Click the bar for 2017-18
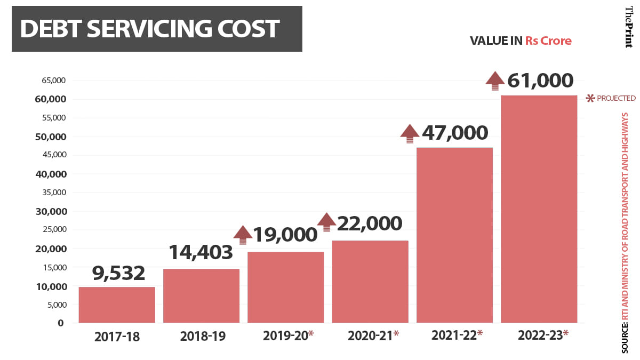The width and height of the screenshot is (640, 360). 117,305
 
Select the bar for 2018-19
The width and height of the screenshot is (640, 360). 201,295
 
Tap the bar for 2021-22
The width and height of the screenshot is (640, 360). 454,235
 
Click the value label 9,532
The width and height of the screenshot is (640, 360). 118,273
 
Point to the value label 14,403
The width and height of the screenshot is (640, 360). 201,252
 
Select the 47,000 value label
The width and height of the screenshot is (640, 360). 455,133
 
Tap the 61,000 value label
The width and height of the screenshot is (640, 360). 540,81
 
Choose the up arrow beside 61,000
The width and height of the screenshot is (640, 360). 494,80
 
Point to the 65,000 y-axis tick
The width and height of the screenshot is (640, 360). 53,81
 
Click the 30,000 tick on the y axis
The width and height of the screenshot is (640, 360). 53,211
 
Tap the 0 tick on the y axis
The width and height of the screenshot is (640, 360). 61,323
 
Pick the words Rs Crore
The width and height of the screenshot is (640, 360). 548,41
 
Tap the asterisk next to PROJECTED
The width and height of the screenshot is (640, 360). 590,98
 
